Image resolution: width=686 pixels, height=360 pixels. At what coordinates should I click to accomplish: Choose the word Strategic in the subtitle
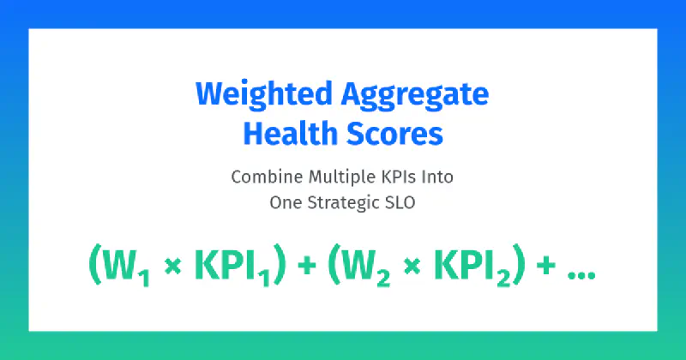click(x=341, y=202)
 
